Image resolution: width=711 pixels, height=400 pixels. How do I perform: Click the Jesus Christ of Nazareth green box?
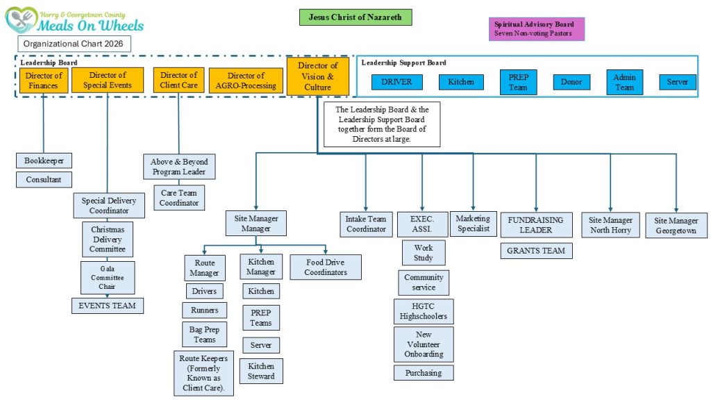tap(355, 17)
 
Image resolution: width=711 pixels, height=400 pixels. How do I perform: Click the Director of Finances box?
tap(44, 81)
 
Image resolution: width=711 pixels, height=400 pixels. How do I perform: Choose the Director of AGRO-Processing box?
tap(246, 81)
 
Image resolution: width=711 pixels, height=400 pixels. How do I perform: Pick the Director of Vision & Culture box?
tap(318, 76)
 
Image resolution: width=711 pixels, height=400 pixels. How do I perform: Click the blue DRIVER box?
tap(396, 82)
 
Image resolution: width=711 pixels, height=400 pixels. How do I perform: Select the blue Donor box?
tap(571, 82)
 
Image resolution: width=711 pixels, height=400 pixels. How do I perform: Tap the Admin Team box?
tap(624, 82)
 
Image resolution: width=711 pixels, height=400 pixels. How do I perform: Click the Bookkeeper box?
tap(44, 160)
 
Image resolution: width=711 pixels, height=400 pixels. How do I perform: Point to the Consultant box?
tap(44, 180)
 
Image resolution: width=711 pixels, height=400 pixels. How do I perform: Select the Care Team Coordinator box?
tap(179, 198)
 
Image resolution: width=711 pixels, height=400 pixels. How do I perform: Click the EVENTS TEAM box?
tap(107, 305)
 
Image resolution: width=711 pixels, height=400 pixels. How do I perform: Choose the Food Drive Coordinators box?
tap(325, 267)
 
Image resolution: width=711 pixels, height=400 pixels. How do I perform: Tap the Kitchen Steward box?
tap(261, 371)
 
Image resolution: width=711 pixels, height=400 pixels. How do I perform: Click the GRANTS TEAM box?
tap(536, 250)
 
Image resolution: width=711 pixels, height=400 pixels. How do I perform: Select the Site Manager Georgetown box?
tap(676, 226)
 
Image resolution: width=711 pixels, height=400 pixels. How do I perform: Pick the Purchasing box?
tap(424, 373)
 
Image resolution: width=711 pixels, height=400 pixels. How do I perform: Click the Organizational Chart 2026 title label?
tap(74, 44)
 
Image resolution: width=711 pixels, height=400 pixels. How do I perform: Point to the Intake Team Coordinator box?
tap(366, 224)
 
